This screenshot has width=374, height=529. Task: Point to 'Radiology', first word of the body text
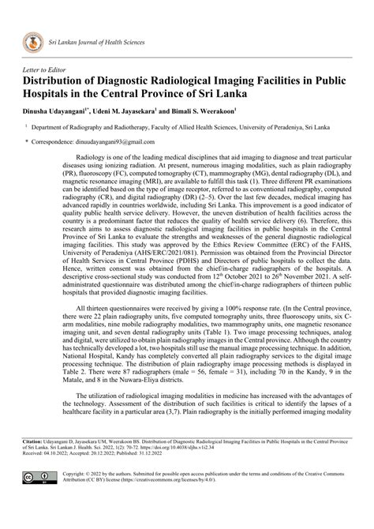click(87, 158)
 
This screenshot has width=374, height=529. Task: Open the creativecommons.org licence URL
click(146, 480)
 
